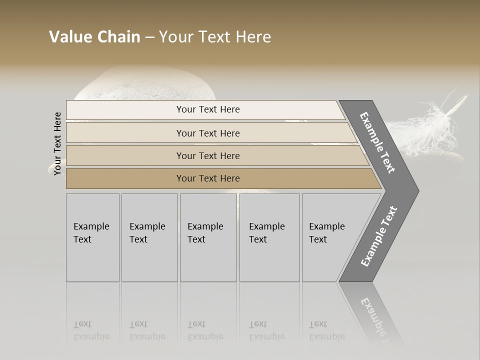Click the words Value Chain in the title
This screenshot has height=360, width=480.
pos(94,37)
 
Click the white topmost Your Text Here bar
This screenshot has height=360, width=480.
pos(207,109)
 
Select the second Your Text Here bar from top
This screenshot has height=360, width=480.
pos(207,133)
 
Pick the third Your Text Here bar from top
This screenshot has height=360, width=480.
pos(207,155)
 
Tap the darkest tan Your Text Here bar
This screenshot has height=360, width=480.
pos(207,178)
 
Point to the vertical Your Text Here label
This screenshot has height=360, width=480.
pos(58,143)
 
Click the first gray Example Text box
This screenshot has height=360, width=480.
pos(92,237)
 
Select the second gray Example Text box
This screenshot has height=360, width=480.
pos(149,237)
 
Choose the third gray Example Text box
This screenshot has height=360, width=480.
pos(207,237)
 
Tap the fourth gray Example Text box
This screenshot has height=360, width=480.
pos(269,237)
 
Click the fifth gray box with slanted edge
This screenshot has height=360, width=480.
pos(330,237)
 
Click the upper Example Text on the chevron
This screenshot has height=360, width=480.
pos(377,142)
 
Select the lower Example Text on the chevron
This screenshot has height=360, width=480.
pos(378,236)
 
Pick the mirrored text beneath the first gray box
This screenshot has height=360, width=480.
pos(91,330)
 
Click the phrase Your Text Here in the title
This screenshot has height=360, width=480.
pos(215,37)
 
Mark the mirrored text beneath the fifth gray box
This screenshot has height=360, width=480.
pos(326,330)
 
